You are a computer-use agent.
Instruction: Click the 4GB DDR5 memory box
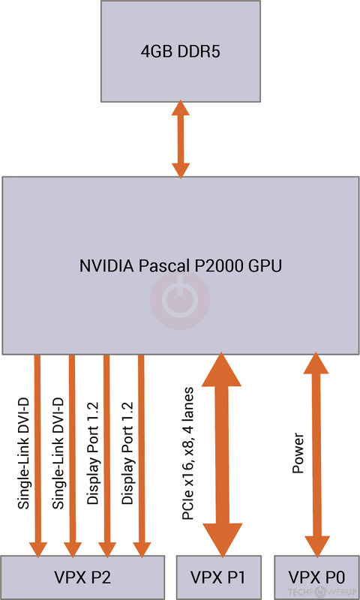pos(179,52)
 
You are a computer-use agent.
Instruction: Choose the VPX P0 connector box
pos(316,577)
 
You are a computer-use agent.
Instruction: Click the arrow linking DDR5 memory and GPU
pos(179,139)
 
